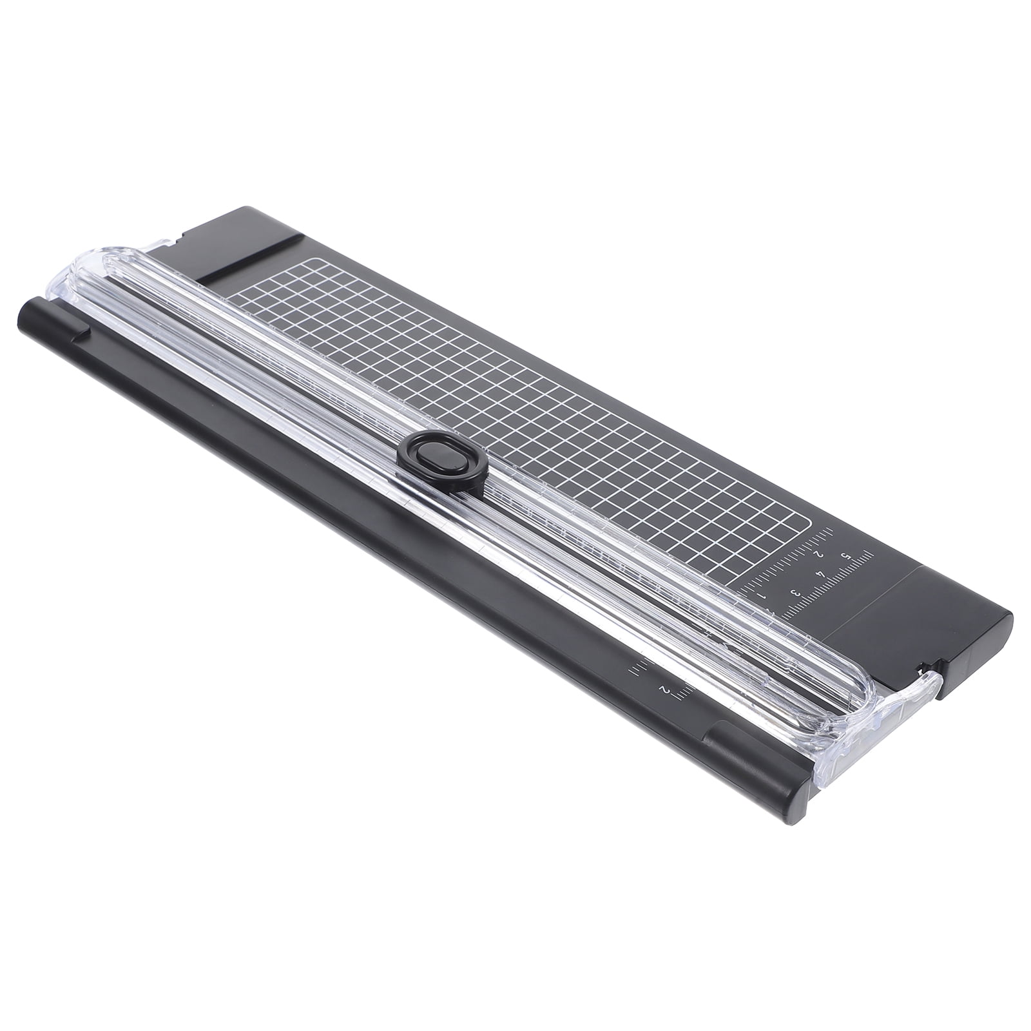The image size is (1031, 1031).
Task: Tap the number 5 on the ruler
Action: pos(845,556)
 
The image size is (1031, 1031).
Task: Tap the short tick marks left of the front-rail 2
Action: pos(634,671)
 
